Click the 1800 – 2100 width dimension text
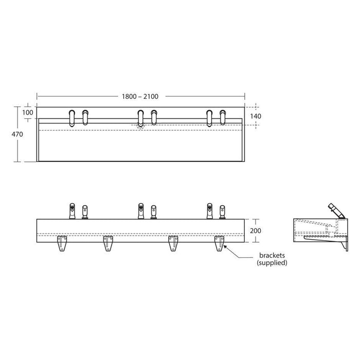[x=140, y=96]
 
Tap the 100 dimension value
[x=27, y=112]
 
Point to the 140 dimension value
[x=256, y=116]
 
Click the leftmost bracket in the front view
[x=63, y=242]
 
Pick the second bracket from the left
[x=108, y=242]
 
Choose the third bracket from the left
[x=174, y=242]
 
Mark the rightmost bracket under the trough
[x=219, y=242]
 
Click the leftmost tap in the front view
[x=72, y=210]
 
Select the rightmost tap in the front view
[x=223, y=211]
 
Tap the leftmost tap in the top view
[x=72, y=117]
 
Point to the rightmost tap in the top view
[x=223, y=117]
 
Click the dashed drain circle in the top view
[x=140, y=124]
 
